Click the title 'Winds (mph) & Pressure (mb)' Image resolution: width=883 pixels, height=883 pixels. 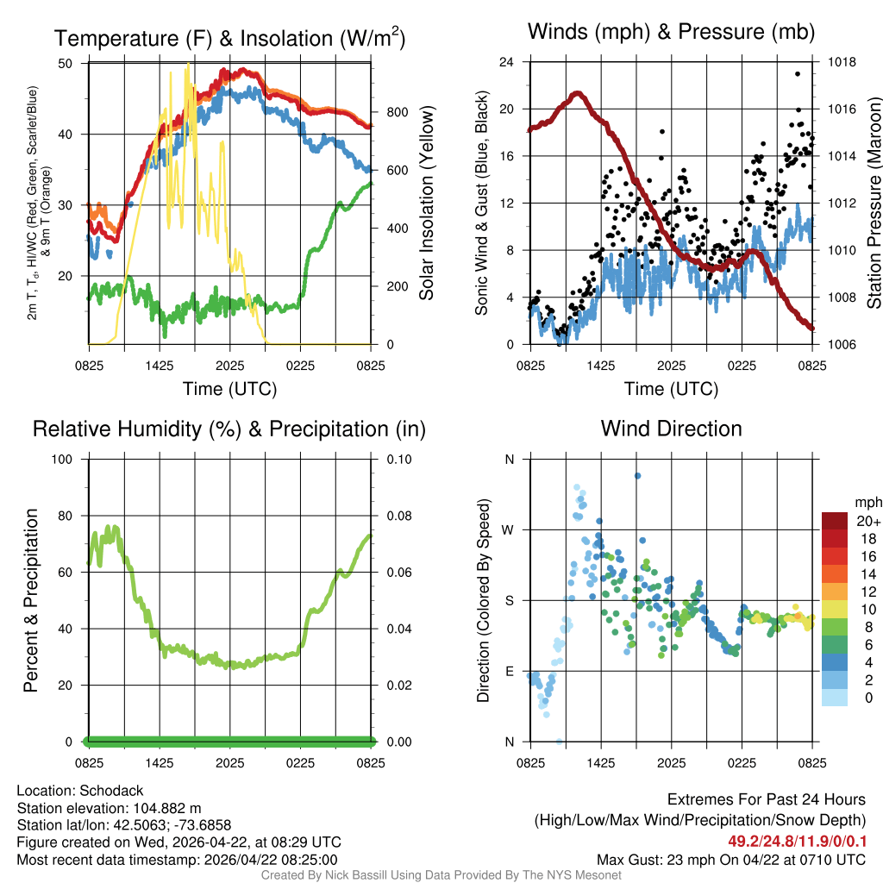tap(671, 33)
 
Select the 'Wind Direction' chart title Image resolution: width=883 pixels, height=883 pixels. tap(671, 429)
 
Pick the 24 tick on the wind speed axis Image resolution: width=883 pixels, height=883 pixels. tap(507, 62)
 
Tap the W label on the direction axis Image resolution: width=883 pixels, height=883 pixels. tap(509, 529)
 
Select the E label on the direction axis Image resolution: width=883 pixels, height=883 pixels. tap(510, 671)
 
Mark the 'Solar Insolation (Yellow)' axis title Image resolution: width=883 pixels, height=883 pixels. tap(426, 203)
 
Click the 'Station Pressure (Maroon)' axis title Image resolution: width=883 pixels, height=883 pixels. tap(873, 203)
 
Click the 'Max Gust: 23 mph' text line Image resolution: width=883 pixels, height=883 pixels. tap(731, 860)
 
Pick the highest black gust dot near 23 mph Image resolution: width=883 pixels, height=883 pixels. tap(798, 74)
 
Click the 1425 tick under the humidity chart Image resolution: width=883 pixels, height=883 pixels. tap(160, 762)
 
